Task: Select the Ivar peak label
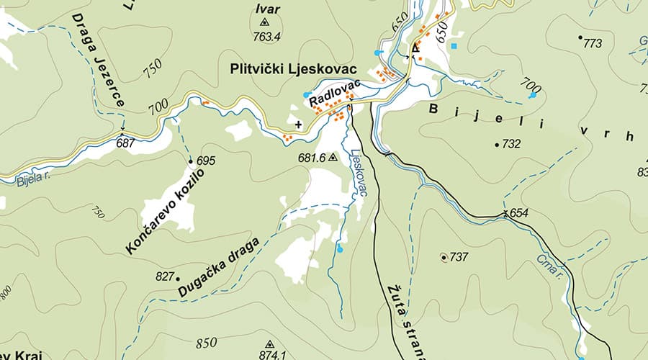click(265, 9)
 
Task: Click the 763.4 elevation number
click(267, 36)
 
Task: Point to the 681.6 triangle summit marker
click(332, 156)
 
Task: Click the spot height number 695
click(206, 160)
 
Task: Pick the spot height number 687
click(125, 143)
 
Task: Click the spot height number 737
click(459, 257)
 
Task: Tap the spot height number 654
click(519, 213)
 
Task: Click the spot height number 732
click(510, 144)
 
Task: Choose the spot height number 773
click(592, 44)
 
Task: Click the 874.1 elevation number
click(273, 355)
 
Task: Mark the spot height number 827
click(165, 276)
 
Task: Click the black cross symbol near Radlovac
click(299, 124)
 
